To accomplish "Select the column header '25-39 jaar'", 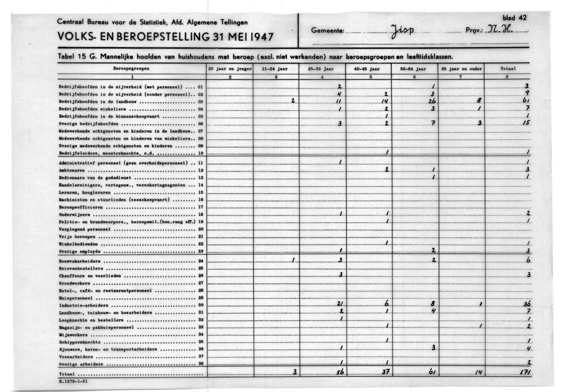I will coord(321,68).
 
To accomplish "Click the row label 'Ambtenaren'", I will coord(73,170).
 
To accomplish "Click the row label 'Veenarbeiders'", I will coord(76,356).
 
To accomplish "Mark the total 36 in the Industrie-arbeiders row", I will coord(527,304).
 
